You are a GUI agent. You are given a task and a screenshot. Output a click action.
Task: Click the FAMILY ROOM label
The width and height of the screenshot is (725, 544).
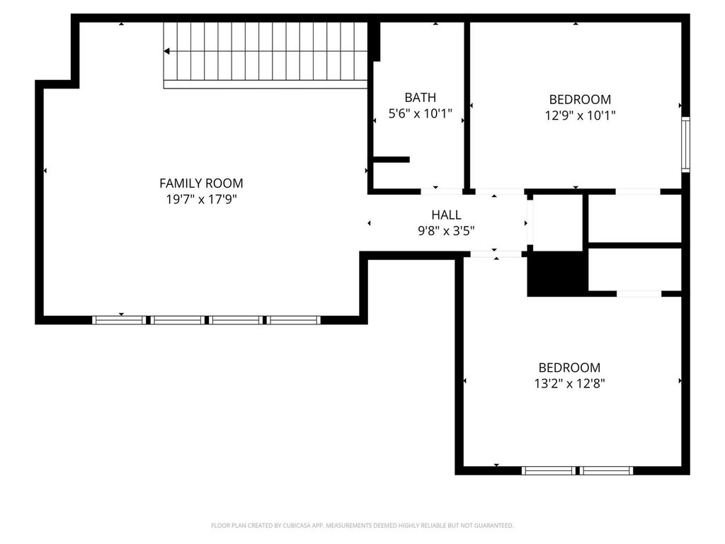pyautogui.click(x=201, y=183)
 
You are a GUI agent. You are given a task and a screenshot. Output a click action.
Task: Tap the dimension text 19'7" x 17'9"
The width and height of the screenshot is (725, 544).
pyautogui.click(x=202, y=199)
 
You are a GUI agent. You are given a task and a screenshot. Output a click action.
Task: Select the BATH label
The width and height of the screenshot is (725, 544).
pyautogui.click(x=421, y=98)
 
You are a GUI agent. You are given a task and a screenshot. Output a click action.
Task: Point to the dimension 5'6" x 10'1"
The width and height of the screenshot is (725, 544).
pyautogui.click(x=421, y=113)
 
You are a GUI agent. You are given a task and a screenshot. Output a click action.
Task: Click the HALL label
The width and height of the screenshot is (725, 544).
pyautogui.click(x=446, y=215)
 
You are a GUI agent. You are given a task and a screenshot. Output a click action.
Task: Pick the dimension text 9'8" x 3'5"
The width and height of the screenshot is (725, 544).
pyautogui.click(x=446, y=231)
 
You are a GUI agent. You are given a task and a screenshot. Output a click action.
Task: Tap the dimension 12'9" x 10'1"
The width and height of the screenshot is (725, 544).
pyautogui.click(x=581, y=115)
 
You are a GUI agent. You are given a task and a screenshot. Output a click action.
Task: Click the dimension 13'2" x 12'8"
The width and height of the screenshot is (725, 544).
pyautogui.click(x=570, y=383)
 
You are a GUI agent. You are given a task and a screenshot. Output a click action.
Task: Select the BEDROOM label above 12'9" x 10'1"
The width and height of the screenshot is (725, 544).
pyautogui.click(x=581, y=99)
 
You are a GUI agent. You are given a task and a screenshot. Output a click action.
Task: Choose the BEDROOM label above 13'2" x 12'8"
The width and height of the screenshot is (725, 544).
pyautogui.click(x=570, y=368)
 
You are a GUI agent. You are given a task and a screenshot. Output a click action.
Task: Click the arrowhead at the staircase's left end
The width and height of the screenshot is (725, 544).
pyautogui.click(x=167, y=51)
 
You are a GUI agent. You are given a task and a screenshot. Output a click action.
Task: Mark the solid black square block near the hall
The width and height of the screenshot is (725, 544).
pyautogui.click(x=558, y=274)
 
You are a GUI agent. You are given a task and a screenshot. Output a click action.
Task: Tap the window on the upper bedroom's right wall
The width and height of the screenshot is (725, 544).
pyautogui.click(x=685, y=144)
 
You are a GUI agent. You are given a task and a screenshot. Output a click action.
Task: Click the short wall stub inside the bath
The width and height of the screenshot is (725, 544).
pyautogui.click(x=391, y=159)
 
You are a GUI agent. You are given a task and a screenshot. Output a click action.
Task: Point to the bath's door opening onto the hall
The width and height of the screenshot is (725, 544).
pyautogui.click(x=442, y=191)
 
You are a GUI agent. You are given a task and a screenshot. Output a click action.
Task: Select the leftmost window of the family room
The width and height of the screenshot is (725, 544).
pyautogui.click(x=118, y=319)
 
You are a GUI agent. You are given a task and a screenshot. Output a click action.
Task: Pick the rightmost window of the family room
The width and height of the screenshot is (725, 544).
pyautogui.click(x=294, y=319)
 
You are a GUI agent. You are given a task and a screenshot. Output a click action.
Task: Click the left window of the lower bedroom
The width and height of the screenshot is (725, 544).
pyautogui.click(x=549, y=471)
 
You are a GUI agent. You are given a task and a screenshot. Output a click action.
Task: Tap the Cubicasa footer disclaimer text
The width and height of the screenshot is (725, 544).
pyautogui.click(x=362, y=526)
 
